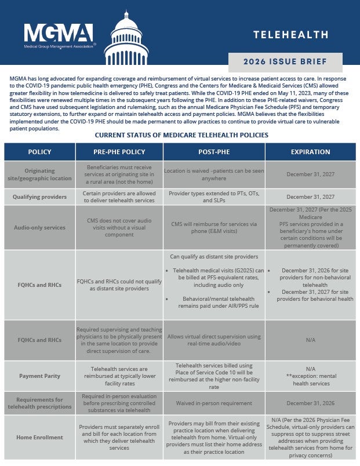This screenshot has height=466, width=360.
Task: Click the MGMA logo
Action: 59,35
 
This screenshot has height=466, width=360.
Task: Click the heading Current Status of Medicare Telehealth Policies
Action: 181,135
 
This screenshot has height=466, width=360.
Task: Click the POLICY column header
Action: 39,152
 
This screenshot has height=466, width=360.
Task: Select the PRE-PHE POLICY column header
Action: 119,152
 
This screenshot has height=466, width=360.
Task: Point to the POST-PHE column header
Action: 214,152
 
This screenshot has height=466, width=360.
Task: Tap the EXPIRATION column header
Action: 310,152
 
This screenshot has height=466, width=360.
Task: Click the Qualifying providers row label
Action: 39,196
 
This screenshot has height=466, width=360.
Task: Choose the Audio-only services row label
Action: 39,227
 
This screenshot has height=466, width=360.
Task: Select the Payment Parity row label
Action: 39,376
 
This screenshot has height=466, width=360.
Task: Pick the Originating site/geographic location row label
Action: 39,174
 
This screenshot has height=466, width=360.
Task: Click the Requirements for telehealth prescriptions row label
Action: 39,403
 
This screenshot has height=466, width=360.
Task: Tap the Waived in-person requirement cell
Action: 214,402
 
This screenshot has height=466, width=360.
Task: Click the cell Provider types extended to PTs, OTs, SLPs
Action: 214,196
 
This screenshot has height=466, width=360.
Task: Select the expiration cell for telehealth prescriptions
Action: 310,402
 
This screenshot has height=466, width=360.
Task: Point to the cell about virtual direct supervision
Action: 214,340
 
